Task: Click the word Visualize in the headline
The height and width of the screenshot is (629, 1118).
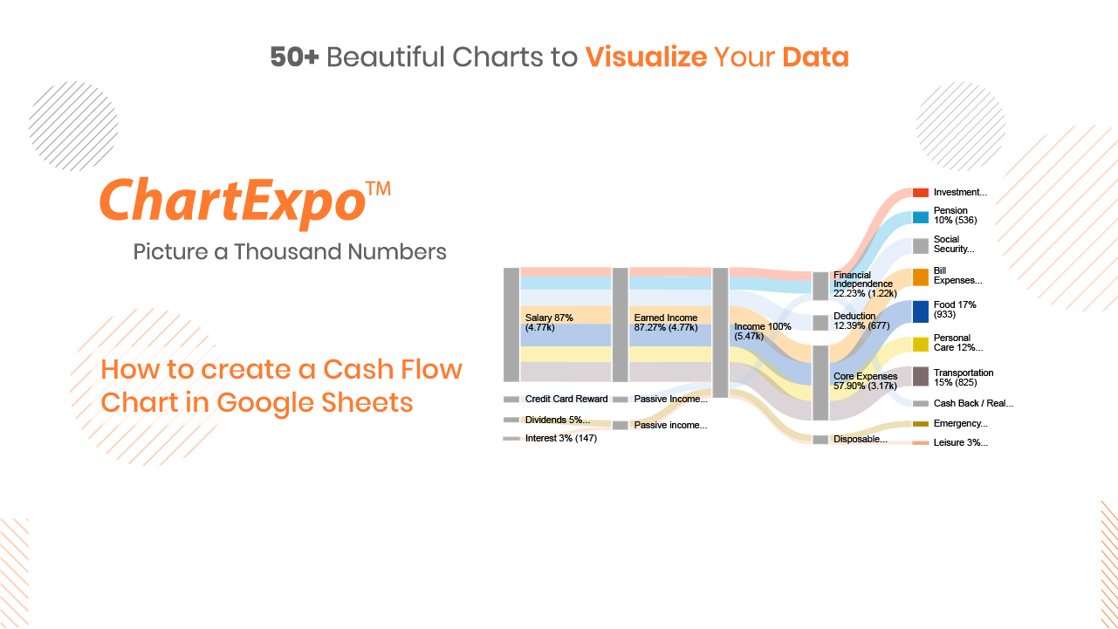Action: click(x=646, y=57)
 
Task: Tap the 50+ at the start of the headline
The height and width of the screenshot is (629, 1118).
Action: click(x=294, y=57)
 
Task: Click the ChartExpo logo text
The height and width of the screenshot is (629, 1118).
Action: click(x=233, y=202)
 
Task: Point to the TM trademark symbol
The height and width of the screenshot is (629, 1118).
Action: click(x=378, y=188)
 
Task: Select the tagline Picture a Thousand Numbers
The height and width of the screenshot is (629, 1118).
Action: click(x=290, y=251)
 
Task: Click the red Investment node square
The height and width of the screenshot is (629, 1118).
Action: click(x=921, y=193)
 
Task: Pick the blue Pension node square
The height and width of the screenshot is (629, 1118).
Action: click(x=921, y=217)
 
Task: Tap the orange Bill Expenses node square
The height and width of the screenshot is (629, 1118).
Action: click(x=921, y=277)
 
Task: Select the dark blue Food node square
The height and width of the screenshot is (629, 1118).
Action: click(x=921, y=311)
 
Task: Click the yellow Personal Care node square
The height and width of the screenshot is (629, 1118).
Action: click(x=921, y=345)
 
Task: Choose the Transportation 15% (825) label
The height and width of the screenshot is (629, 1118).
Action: click(x=964, y=378)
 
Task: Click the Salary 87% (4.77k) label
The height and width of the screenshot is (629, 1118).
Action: click(x=549, y=323)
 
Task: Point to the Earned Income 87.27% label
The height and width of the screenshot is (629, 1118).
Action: click(x=666, y=323)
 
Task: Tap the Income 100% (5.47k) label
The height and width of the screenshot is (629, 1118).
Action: click(x=763, y=332)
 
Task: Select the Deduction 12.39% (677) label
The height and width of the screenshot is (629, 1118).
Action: click(x=861, y=321)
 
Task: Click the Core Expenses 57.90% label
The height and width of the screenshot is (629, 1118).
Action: click(x=866, y=380)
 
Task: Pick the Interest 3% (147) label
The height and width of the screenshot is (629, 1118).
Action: click(x=561, y=438)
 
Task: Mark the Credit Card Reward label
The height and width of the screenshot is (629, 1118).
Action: click(x=566, y=399)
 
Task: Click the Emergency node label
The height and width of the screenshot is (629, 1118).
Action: click(x=961, y=423)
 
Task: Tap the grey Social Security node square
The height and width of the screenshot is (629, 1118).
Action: click(x=921, y=246)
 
